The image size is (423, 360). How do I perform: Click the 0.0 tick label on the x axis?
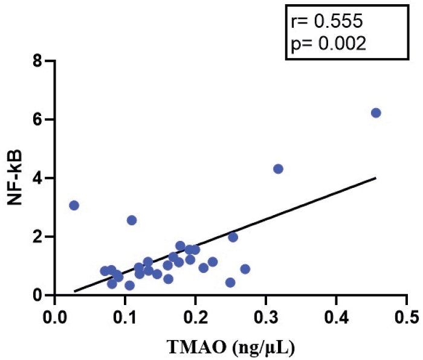(55, 317)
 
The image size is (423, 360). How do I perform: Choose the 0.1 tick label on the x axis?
(125, 317)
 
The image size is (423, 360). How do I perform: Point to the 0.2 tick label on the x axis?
(195, 317)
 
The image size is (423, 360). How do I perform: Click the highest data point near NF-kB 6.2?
(376, 113)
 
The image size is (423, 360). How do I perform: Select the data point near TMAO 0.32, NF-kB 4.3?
(278, 169)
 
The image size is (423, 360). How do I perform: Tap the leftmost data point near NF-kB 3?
(74, 205)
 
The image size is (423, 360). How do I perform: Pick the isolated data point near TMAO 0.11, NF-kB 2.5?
(132, 220)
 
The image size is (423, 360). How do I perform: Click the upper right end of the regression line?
(375, 178)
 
